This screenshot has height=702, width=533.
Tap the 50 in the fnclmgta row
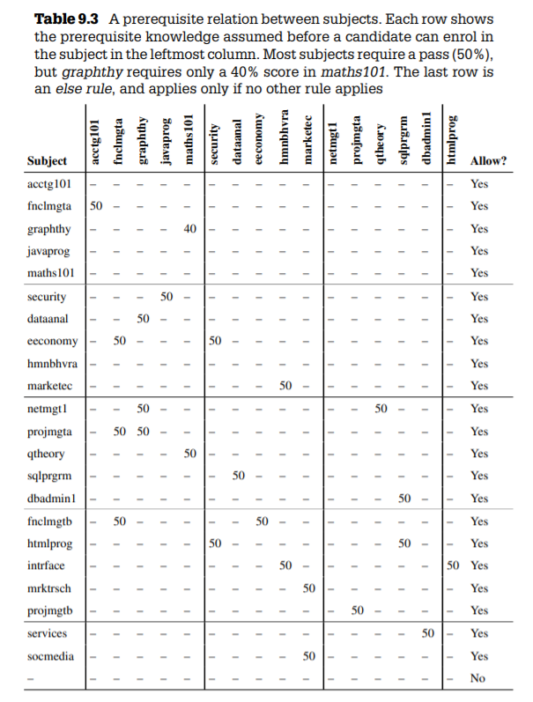(97, 206)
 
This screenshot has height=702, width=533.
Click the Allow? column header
(488, 161)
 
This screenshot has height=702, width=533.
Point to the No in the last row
(478, 678)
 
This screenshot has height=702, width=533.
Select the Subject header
(47, 161)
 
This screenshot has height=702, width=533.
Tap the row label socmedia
(50, 656)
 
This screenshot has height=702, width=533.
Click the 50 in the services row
(427, 633)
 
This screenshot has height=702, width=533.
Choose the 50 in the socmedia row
(309, 656)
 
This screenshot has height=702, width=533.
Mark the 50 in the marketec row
(285, 386)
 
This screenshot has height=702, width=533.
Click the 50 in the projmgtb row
(357, 610)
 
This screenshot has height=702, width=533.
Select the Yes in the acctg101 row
(479, 184)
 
